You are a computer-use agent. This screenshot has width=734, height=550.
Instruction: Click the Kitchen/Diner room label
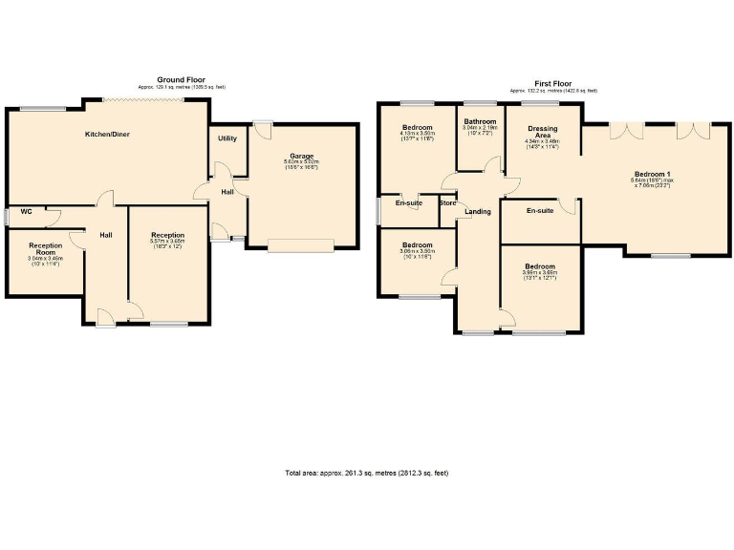(106, 135)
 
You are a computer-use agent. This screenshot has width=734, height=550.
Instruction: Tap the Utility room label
(227, 139)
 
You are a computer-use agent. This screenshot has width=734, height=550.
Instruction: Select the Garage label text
(301, 156)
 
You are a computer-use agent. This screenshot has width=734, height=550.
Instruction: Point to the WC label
(27, 212)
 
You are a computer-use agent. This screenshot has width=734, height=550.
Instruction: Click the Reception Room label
(45, 248)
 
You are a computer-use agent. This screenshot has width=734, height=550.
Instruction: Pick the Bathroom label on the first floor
(480, 122)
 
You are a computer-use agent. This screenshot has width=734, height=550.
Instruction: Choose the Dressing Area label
(542, 132)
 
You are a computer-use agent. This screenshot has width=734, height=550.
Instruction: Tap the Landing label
(478, 211)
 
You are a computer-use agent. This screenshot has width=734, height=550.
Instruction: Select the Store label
(447, 202)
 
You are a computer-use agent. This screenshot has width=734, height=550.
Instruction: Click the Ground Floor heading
(182, 80)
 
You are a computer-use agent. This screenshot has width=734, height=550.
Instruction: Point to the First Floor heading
(553, 83)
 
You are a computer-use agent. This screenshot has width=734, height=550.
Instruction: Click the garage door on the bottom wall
(301, 246)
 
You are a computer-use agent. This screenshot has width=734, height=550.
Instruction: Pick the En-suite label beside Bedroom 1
(540, 211)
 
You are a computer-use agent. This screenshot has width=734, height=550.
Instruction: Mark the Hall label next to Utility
(227, 192)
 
